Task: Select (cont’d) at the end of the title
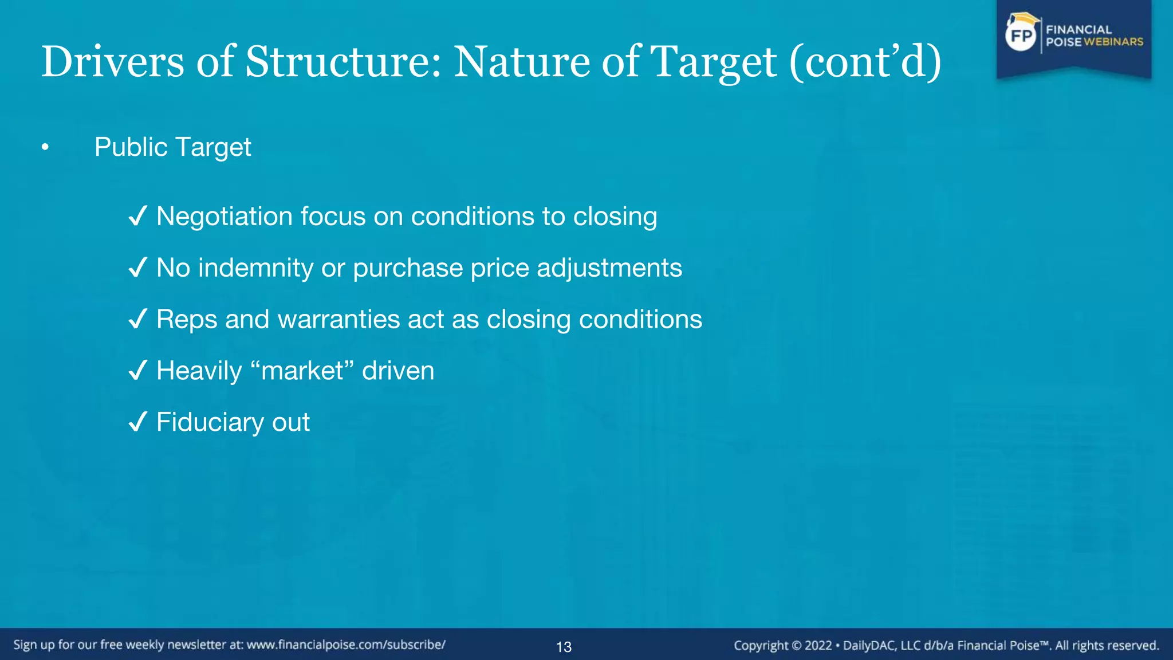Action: click(x=865, y=61)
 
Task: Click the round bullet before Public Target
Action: click(x=45, y=148)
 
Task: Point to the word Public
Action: click(x=131, y=147)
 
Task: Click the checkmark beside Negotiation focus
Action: click(x=138, y=217)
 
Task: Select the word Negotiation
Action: click(x=225, y=217)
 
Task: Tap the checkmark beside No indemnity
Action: click(x=138, y=268)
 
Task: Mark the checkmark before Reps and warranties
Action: click(x=138, y=319)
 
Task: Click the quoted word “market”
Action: click(x=302, y=371)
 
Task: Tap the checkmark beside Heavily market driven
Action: click(x=138, y=371)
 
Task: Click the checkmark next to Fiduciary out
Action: click(x=138, y=422)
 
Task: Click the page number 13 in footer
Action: click(x=564, y=647)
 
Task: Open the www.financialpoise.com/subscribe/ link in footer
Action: click(x=346, y=645)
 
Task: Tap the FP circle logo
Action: click(x=1021, y=36)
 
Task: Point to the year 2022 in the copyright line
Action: click(x=818, y=646)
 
